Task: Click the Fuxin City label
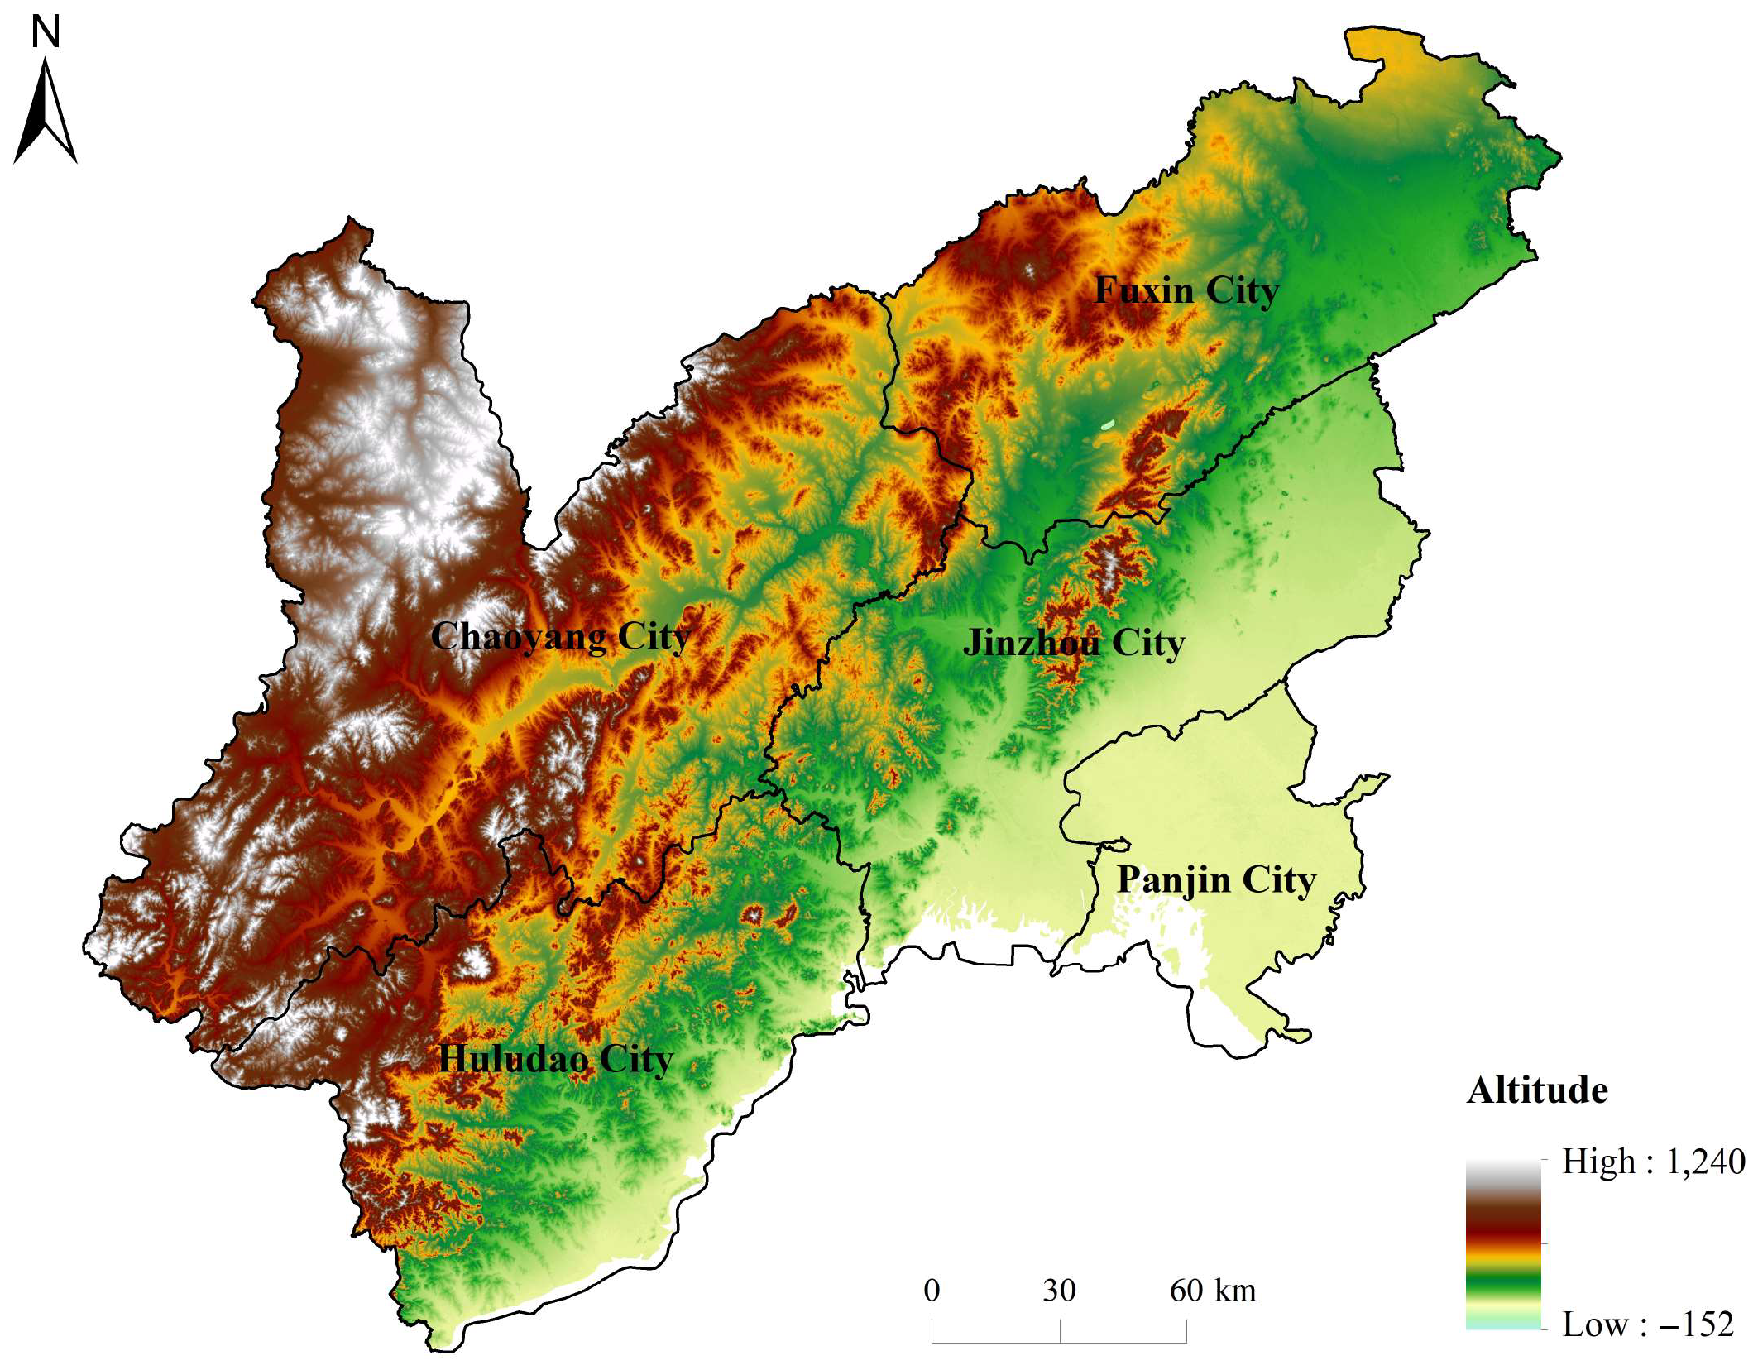tap(1186, 290)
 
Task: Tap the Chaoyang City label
tap(560, 636)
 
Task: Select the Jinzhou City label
tap(1074, 643)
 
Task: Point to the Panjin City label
tap(1216, 880)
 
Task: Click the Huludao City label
tap(555, 1059)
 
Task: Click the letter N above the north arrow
tap(46, 33)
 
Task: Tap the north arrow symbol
tap(46, 112)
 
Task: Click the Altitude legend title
tap(1537, 1090)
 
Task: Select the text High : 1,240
tap(1653, 1162)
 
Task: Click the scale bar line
tap(1059, 1340)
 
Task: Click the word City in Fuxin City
tap(1242, 290)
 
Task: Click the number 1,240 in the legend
tap(1704, 1162)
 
